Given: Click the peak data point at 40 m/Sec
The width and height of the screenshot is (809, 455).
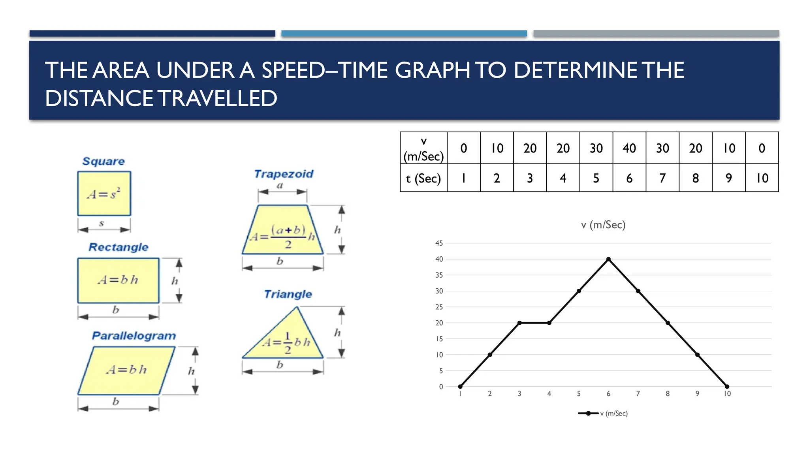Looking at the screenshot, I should (608, 259).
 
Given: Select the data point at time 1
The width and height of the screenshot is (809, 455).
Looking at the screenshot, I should (460, 386).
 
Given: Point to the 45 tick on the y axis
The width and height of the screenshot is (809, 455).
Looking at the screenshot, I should (439, 243).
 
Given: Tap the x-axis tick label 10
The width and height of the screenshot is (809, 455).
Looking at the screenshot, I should (727, 394).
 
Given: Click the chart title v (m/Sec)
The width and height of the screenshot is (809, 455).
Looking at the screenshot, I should (603, 225).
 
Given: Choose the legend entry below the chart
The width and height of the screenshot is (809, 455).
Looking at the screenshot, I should (603, 414).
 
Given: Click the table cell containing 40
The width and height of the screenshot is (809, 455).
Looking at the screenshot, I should (629, 148).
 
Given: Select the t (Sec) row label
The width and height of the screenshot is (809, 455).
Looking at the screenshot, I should (423, 179).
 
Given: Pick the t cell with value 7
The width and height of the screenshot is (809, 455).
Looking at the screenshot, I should (662, 179).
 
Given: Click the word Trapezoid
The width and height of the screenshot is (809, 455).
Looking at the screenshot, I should (284, 174).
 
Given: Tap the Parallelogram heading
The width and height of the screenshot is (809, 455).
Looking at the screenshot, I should (134, 336).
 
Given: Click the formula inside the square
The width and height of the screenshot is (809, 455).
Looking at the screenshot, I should (103, 194).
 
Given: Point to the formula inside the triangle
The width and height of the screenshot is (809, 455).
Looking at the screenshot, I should (287, 342).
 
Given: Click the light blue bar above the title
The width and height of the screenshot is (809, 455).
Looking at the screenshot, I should (404, 34).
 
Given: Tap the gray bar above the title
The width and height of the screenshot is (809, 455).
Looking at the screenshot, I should (656, 34).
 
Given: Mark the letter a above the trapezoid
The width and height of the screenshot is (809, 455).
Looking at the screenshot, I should (280, 185).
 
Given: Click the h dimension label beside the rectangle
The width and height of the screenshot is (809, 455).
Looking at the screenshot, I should (175, 281).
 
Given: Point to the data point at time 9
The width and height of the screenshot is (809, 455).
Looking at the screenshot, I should (697, 355).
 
